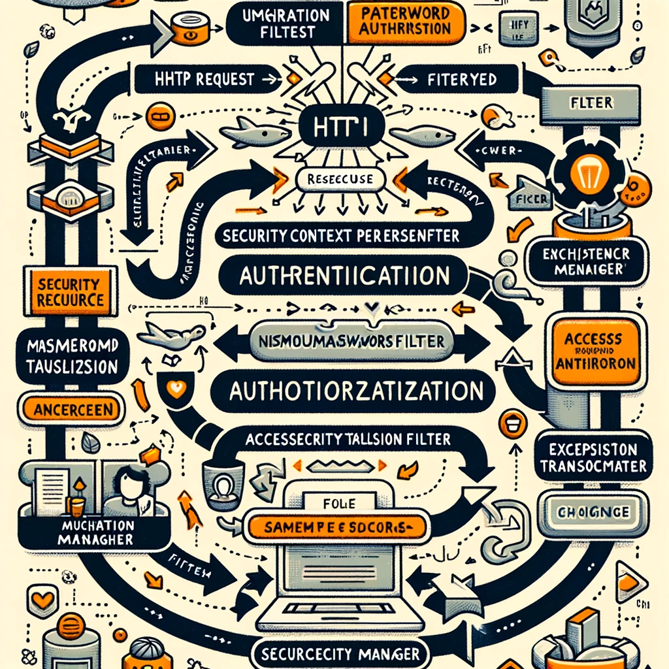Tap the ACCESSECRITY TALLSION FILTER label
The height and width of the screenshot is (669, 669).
(x=348, y=440)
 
